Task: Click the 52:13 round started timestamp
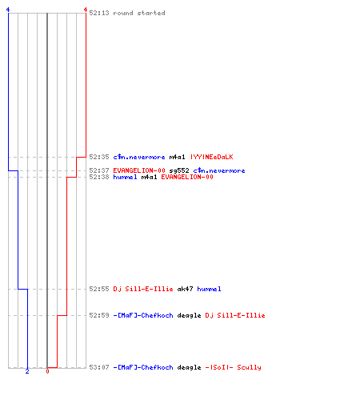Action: pos(99,13)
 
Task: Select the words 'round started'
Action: pos(139,13)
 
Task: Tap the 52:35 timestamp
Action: pos(99,157)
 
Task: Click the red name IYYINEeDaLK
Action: pos(211,157)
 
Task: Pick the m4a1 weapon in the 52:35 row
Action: pos(177,157)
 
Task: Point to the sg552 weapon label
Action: pos(179,170)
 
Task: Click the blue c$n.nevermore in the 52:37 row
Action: pos(219,170)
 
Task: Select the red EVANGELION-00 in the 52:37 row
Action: pos(139,170)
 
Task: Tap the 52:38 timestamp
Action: pos(99,177)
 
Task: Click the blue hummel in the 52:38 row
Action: pos(125,177)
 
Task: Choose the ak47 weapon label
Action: pos(185,289)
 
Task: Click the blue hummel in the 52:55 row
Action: pos(209,289)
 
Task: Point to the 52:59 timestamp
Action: pos(99,315)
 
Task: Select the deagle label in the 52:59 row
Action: pos(189,315)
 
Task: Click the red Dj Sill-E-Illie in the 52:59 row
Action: pos(235,315)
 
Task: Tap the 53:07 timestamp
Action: pos(99,367)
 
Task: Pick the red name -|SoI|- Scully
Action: pos(233,367)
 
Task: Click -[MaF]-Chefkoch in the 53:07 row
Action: pos(143,367)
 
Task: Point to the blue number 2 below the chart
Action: pos(27,371)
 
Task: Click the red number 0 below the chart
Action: pos(47,371)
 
